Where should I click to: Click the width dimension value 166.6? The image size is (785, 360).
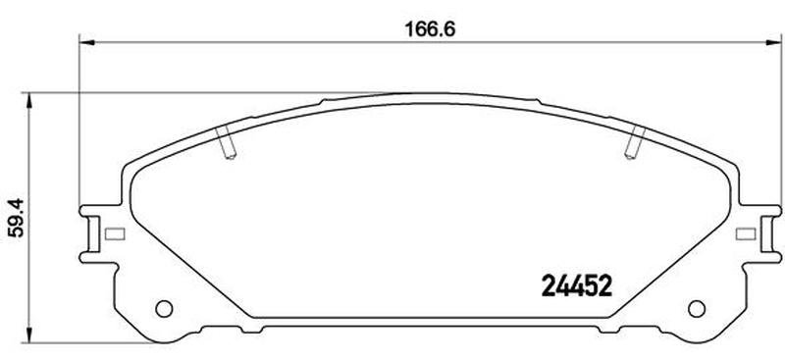pos(430,29)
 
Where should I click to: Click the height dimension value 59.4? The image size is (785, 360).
pos(17,218)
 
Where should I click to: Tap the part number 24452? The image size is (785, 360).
pos(577,286)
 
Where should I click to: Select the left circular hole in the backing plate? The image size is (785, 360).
pos(164,308)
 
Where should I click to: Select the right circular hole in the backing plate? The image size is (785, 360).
pos(697,308)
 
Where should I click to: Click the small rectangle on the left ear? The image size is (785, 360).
pos(115,233)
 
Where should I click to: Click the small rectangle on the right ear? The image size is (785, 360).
pos(746,233)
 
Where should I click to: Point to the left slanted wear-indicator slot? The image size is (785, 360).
pos(225,142)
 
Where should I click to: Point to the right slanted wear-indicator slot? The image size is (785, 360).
pos(636,142)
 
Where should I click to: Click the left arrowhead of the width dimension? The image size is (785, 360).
pos(86,42)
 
